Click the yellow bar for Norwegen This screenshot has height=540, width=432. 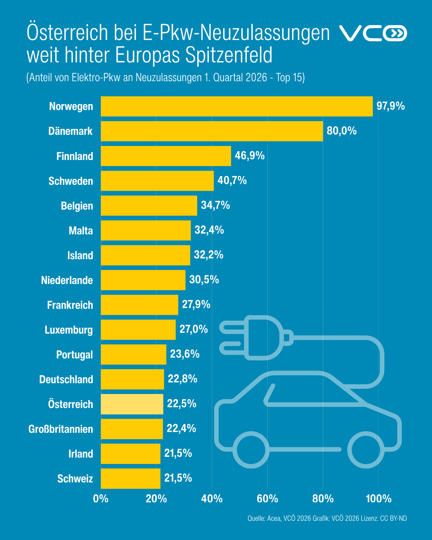coord(237,106)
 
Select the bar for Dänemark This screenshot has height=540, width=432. coord(212,131)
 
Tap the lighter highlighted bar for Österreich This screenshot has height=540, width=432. coord(132,404)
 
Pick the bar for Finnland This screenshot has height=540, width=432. coord(166,156)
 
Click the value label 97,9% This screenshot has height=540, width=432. coord(390,106)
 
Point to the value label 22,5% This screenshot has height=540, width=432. coord(182,404)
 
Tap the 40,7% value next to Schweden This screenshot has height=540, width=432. coord(232,181)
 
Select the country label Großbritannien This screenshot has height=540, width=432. coord(60,429)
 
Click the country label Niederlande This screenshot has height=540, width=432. coord(67,280)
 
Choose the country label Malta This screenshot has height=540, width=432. coord(81,231)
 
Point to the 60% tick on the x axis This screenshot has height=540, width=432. coord(267,499)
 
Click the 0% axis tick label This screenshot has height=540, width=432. coord(101,499)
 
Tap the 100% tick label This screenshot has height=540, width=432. coord(378,499)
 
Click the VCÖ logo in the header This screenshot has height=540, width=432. coord(373,33)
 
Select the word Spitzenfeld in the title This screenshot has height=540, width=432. coord(229,55)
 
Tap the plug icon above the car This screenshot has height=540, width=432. coord(256,338)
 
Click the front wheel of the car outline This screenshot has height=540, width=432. coord(251,450)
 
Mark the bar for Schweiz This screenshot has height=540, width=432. coord(130,478)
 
